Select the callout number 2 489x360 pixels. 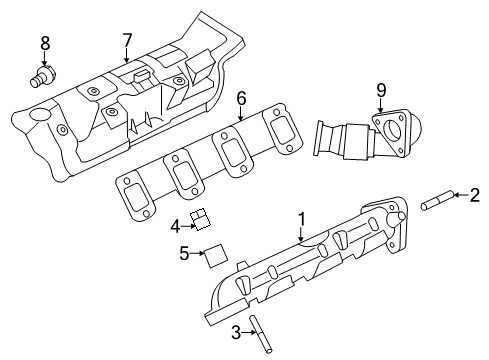click(x=475, y=195)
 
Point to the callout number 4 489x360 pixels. click(x=175, y=225)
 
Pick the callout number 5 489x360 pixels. click(x=184, y=253)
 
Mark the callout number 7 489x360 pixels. click(x=127, y=40)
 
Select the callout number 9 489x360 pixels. click(x=380, y=90)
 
